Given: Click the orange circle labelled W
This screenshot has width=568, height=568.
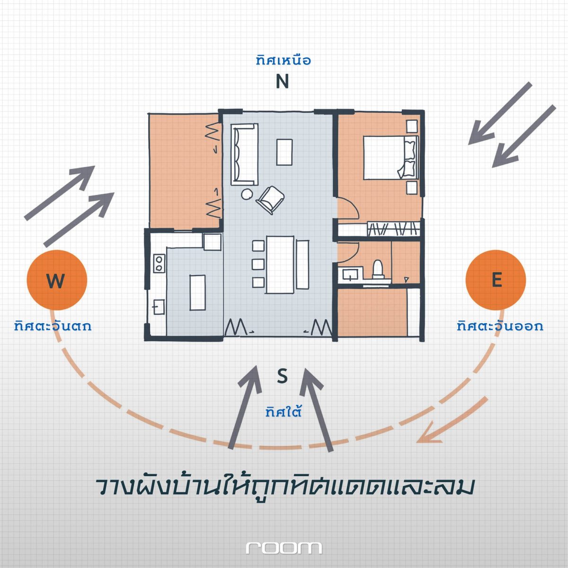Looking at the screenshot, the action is (x=57, y=280).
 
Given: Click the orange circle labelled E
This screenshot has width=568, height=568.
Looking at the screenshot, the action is (x=496, y=280).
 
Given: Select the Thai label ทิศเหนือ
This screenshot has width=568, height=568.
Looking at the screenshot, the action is (x=283, y=61).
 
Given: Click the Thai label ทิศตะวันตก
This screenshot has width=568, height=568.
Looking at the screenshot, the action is (x=53, y=326).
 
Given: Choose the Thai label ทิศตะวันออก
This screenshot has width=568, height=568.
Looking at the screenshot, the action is (x=500, y=326).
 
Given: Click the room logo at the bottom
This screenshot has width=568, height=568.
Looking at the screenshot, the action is (x=284, y=548).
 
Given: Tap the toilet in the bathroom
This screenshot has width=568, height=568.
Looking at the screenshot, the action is (x=378, y=269).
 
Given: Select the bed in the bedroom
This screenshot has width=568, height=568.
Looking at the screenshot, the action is (x=391, y=158).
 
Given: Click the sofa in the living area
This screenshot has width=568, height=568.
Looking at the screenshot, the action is (x=244, y=154).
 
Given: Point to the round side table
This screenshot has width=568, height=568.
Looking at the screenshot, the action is (x=247, y=194).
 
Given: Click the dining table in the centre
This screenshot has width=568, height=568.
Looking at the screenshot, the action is (x=280, y=265).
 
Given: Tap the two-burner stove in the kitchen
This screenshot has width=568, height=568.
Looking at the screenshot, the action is (x=159, y=263).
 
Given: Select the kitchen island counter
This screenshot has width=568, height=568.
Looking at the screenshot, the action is (x=197, y=293).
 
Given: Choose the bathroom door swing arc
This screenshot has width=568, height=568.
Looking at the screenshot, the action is (x=348, y=252).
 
